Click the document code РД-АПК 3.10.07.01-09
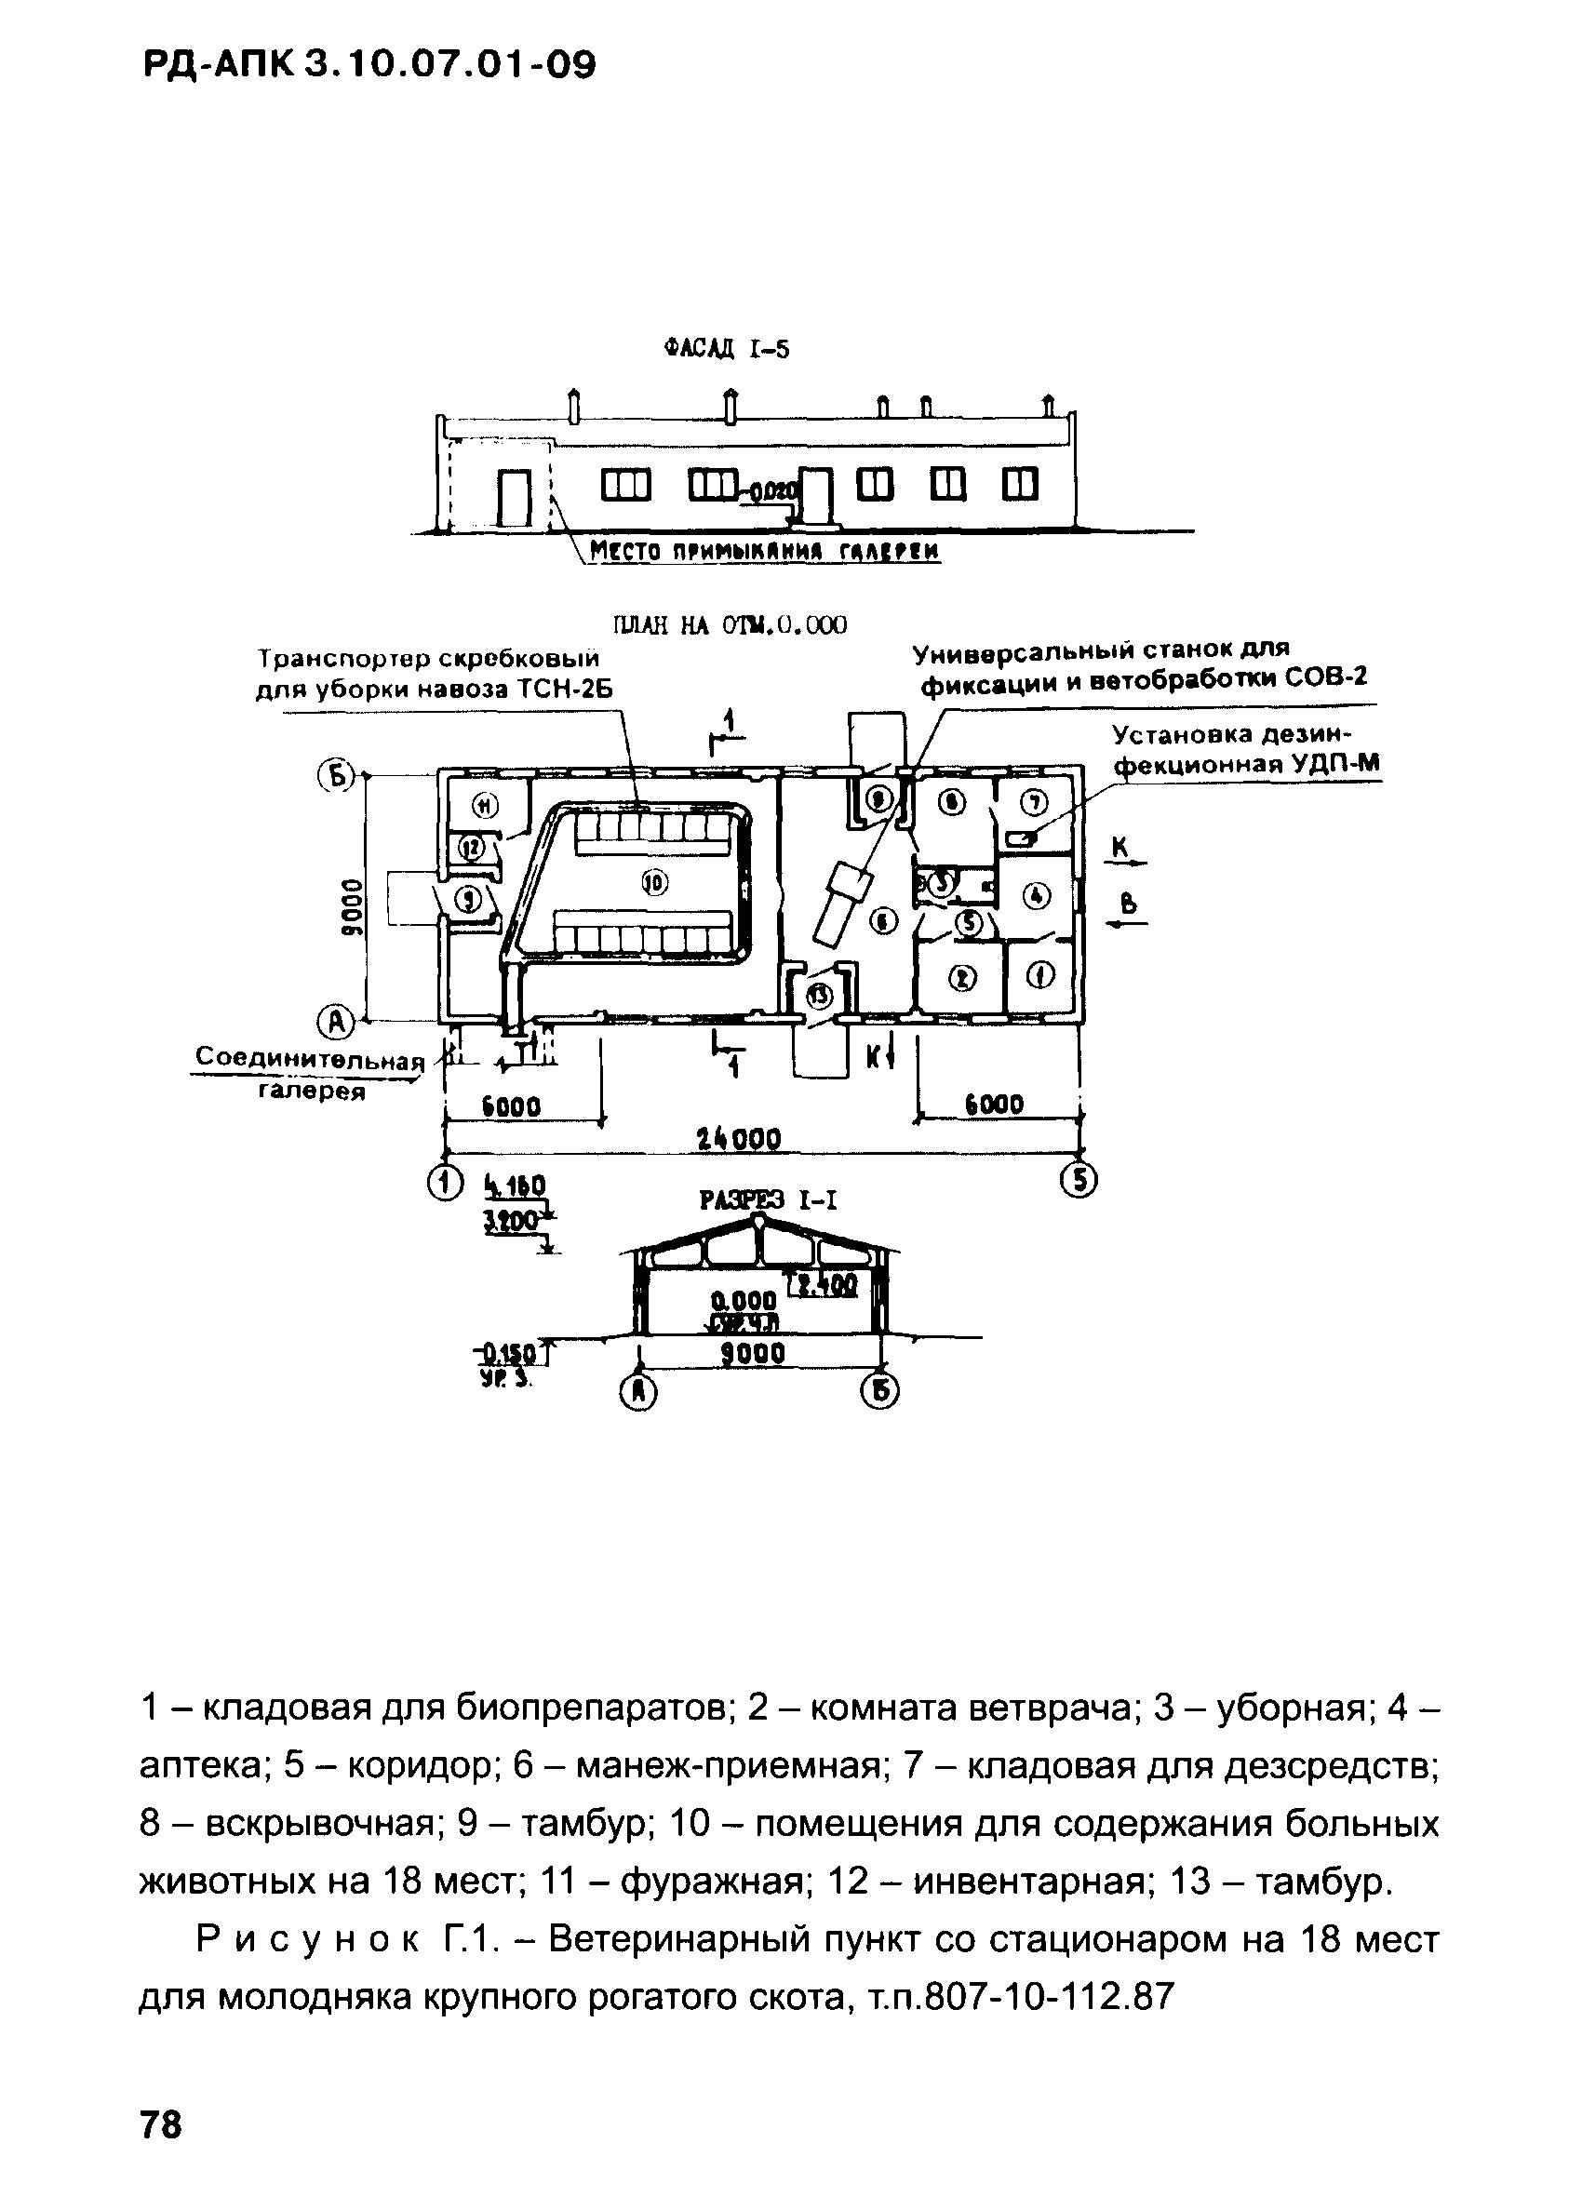coord(369,67)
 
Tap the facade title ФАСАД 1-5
coord(726,349)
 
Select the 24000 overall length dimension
coord(739,1138)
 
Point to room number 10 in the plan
coord(656,881)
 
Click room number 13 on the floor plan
coord(821,994)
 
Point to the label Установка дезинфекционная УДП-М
coord(1244,749)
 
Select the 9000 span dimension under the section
coord(753,1353)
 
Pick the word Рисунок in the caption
coord(308,1940)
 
